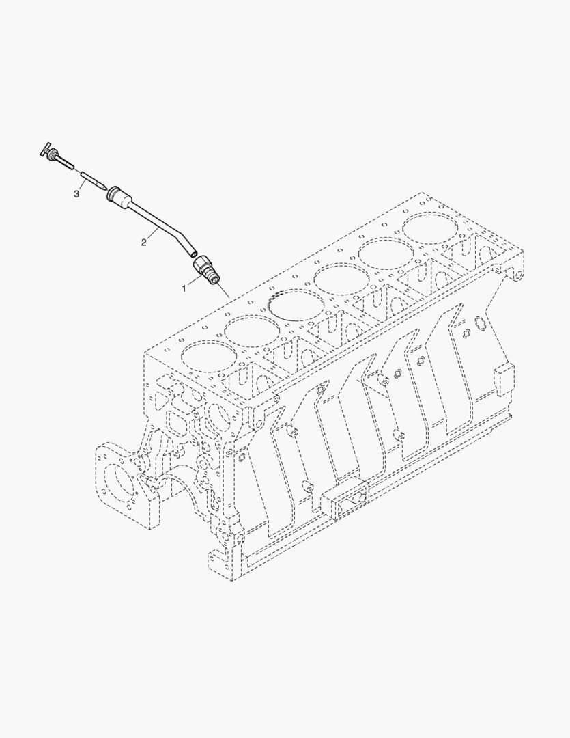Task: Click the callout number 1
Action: (x=184, y=288)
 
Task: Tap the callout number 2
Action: (x=144, y=243)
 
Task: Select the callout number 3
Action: (x=76, y=194)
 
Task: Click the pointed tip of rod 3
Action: (x=104, y=187)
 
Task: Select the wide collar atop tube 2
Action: (x=119, y=196)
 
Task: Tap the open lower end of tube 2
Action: (x=193, y=254)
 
